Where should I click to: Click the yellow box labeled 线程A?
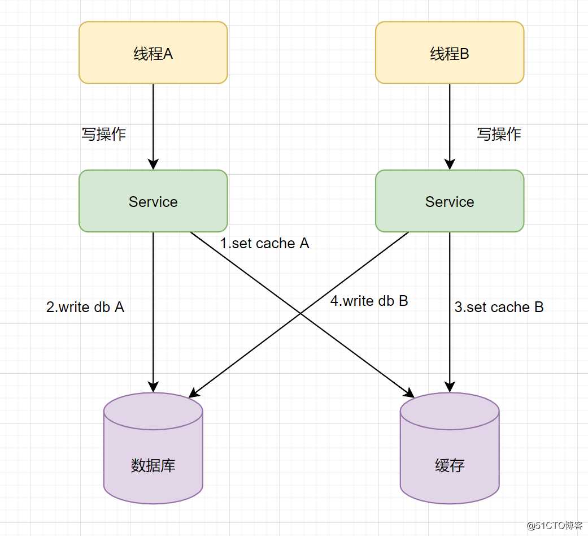point(153,53)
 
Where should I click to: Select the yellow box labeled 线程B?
point(450,53)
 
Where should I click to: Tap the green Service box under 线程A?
point(153,202)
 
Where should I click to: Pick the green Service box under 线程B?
point(450,202)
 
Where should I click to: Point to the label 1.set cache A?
point(264,244)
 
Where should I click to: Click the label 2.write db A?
point(85,307)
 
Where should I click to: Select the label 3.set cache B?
point(499,308)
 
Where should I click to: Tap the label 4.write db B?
point(369,301)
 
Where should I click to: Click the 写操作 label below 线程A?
point(104,134)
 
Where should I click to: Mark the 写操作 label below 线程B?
point(499,134)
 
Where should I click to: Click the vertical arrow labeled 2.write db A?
point(153,339)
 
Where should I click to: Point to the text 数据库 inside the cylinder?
point(153,466)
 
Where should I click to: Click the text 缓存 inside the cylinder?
point(450,466)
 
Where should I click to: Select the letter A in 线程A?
point(168,54)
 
